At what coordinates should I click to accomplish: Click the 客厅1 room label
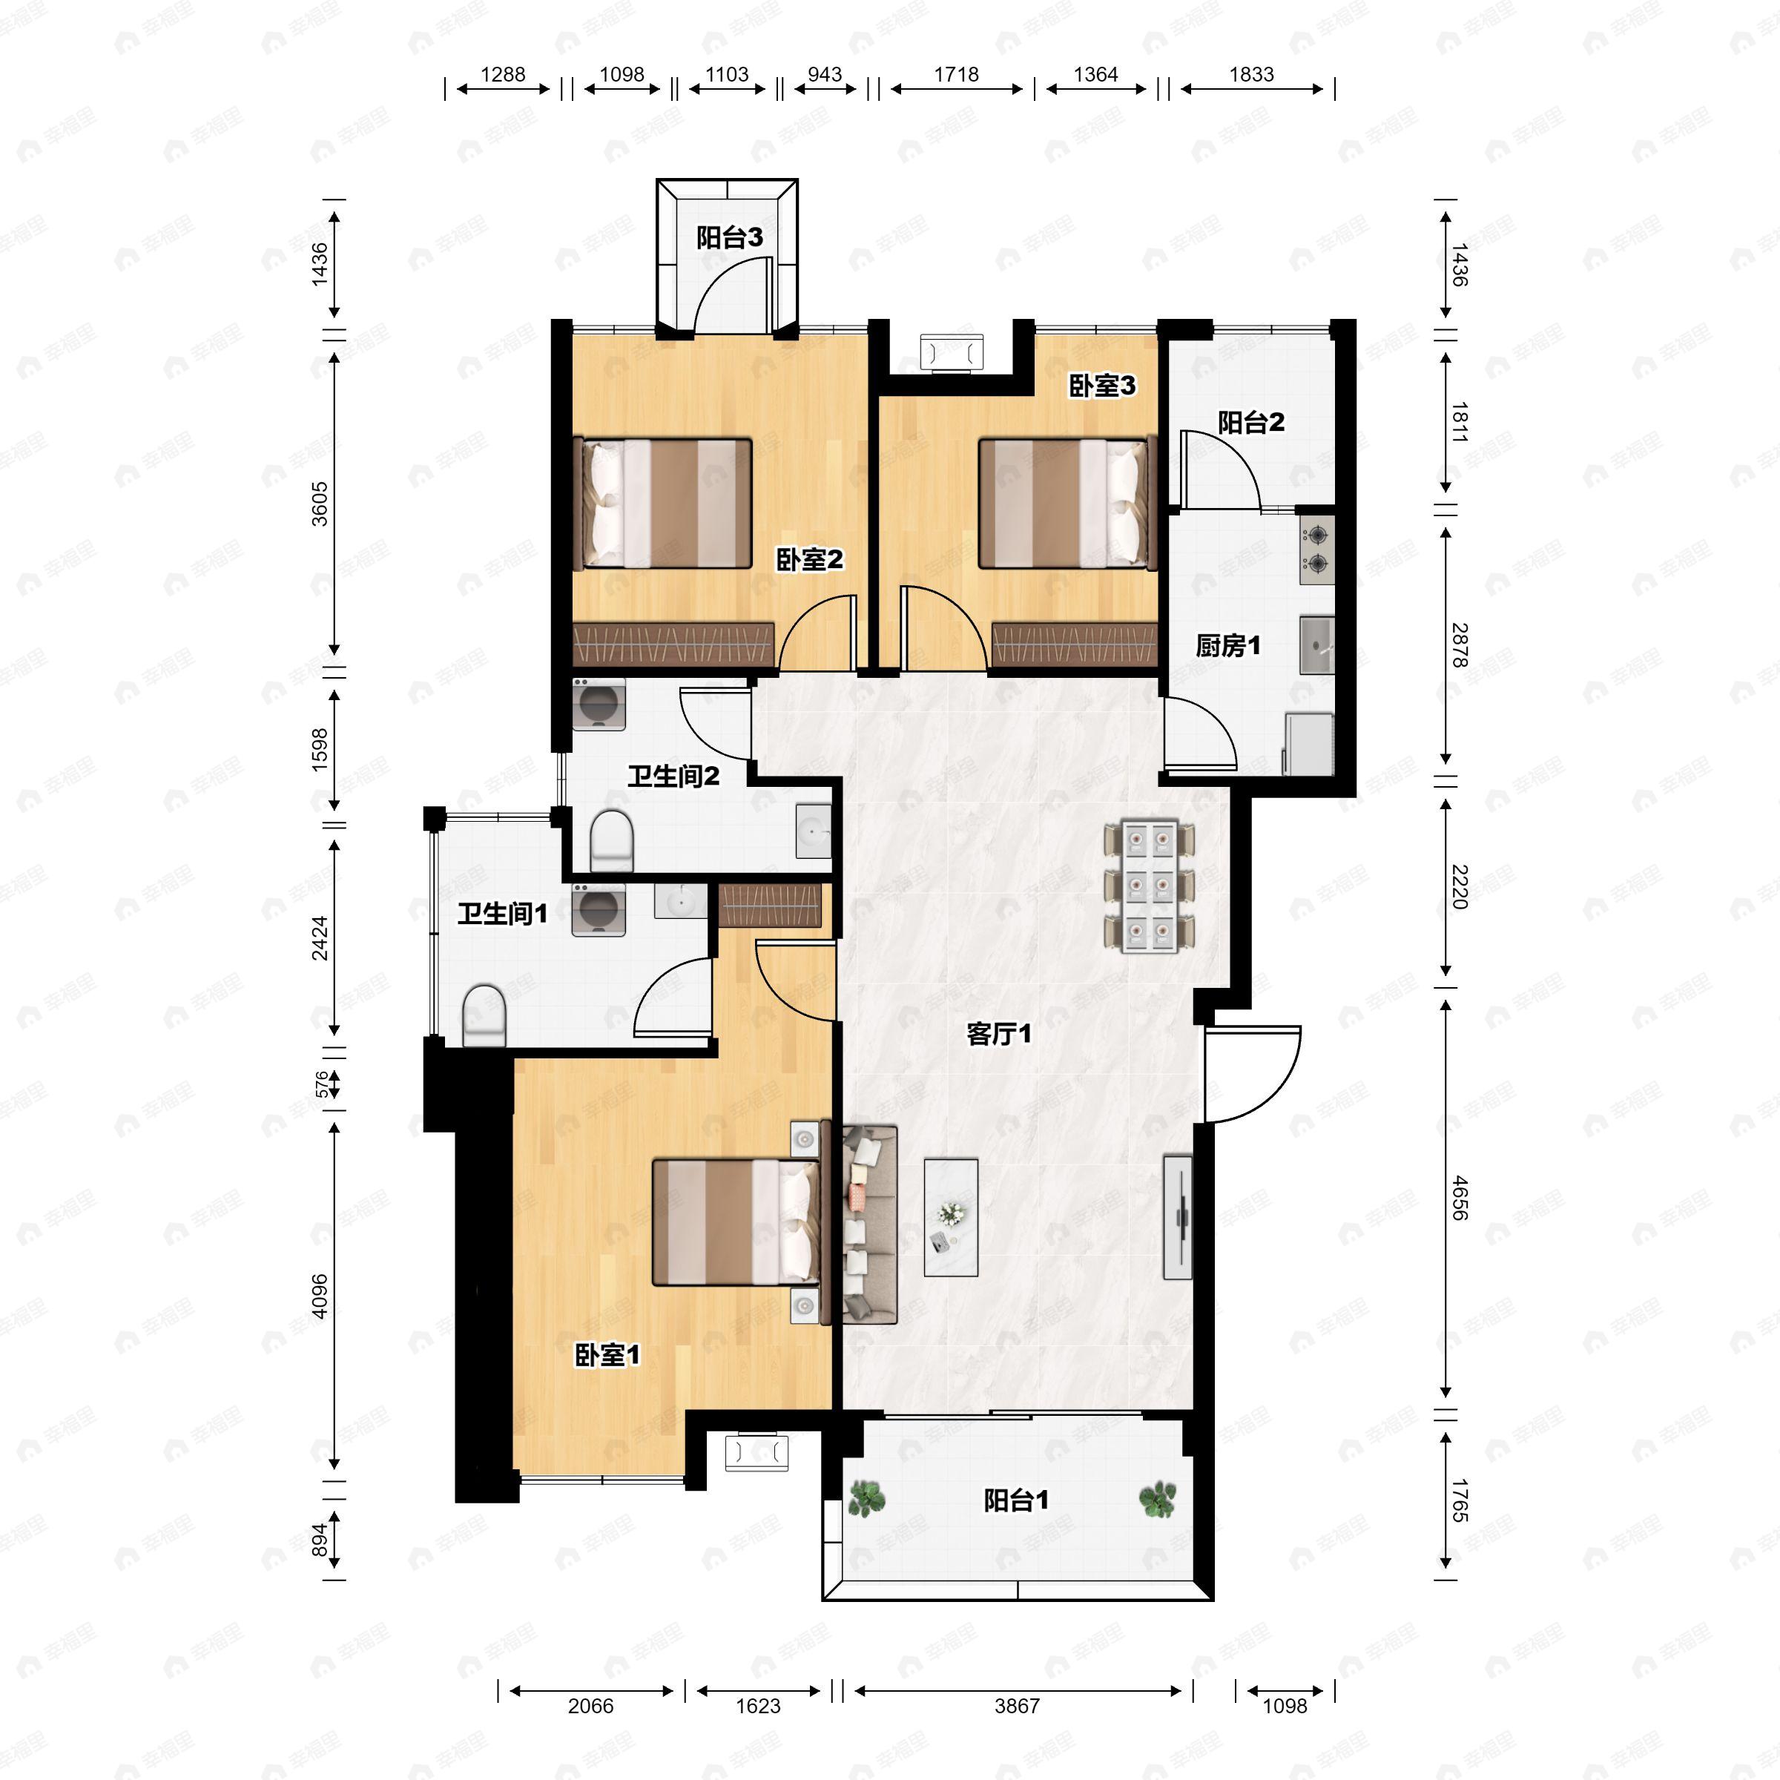click(x=999, y=1035)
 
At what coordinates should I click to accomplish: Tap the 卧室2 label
click(x=810, y=559)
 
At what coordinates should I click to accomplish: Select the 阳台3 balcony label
click(x=730, y=237)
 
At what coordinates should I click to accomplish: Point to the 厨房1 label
click(x=1228, y=646)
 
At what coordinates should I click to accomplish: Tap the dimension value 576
click(x=320, y=1084)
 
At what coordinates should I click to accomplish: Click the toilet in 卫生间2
click(x=611, y=840)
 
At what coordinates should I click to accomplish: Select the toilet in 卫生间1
click(x=484, y=1017)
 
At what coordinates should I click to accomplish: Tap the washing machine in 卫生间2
click(x=599, y=705)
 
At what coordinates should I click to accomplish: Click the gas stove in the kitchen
click(x=1317, y=549)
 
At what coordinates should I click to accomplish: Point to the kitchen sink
click(x=1317, y=646)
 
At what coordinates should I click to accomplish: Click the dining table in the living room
click(x=1150, y=886)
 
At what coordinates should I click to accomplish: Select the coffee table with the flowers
click(x=951, y=1218)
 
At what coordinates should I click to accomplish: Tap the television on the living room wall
click(x=1178, y=1217)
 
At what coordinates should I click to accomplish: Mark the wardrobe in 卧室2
click(x=673, y=644)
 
